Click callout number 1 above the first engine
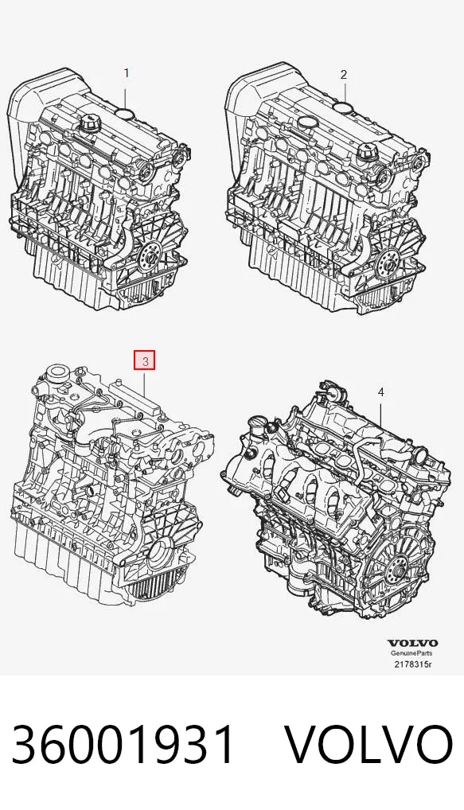(x=126, y=73)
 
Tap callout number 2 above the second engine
(x=344, y=74)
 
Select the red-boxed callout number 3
(x=145, y=361)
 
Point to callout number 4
(x=380, y=392)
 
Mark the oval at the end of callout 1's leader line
(x=124, y=113)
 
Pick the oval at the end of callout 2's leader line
(x=343, y=107)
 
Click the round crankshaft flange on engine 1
(x=151, y=255)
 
